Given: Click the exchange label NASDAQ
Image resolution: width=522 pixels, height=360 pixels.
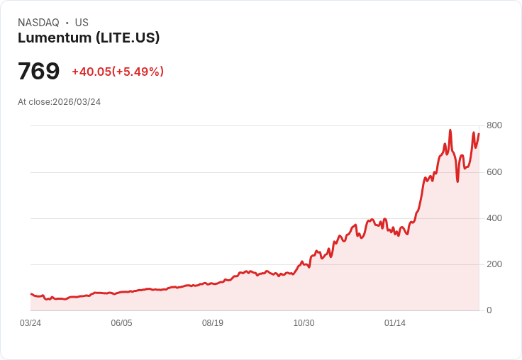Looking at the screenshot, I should click(38, 23).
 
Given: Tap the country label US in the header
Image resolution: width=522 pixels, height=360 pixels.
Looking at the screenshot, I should click(82, 23).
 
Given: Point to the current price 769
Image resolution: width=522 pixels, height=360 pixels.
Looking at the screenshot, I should click(38, 72).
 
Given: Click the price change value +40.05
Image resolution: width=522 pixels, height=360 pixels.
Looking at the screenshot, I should click(91, 72).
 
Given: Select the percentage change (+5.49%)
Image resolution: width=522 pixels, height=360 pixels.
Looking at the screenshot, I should click(138, 72).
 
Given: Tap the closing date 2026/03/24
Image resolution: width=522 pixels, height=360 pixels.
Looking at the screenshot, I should click(77, 102).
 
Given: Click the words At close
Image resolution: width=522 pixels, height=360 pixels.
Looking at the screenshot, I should click(34, 102).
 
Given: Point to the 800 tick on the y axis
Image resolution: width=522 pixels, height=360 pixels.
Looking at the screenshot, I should click(494, 125).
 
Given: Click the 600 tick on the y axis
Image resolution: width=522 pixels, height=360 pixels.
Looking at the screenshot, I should click(494, 171).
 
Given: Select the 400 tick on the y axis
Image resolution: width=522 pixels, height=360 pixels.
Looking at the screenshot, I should click(494, 218).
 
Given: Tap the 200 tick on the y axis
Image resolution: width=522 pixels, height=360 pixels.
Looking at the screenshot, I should click(494, 264).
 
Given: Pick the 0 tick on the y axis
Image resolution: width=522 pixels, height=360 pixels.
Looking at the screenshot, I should click(489, 310).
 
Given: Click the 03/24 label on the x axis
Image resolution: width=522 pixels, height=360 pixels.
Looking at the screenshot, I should click(30, 323).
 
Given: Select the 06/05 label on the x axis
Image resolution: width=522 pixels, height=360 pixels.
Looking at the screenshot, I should click(121, 323).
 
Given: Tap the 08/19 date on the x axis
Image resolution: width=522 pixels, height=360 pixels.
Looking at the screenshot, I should click(213, 323).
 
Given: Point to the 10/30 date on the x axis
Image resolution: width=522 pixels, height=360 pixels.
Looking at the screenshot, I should click(304, 323).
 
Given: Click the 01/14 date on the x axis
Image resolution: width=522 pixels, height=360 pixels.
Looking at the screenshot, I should click(395, 323).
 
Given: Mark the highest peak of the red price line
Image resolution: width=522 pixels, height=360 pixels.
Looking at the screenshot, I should click(450, 130).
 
